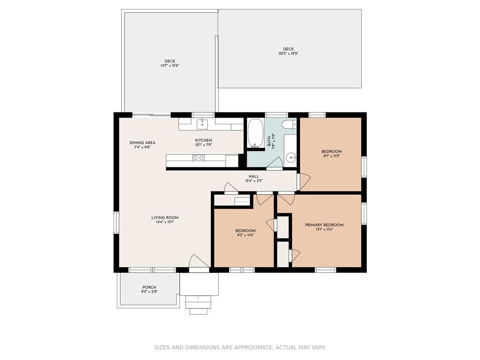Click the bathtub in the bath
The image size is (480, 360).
click(x=255, y=133)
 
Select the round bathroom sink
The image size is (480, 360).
click(x=291, y=158)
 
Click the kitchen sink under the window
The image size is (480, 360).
click(x=202, y=125)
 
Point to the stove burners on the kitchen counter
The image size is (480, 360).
click(x=198, y=157)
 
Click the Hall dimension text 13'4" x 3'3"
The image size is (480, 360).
click(x=254, y=181)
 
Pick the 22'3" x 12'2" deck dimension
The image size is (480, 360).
click(x=288, y=53)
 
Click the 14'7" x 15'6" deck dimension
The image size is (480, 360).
click(x=170, y=66)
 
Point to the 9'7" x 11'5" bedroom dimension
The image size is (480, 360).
click(x=331, y=156)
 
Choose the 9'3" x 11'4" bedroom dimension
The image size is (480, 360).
click(x=245, y=235)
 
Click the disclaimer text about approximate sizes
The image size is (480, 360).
click(x=240, y=347)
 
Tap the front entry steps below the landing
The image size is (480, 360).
click(x=198, y=305)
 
